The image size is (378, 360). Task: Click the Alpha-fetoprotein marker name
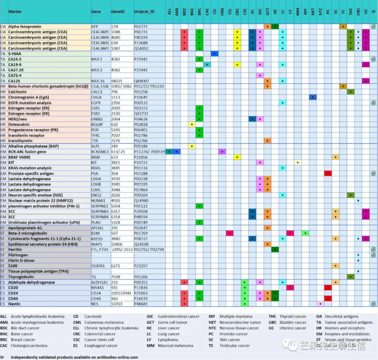tap(25, 27)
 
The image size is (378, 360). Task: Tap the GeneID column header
tap(117, 12)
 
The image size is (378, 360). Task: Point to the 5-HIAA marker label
tap(15, 54)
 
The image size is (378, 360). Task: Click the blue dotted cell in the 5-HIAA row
tap(214, 54)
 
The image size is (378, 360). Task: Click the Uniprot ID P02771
tap(141, 27)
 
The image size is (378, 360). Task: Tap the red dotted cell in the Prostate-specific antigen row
tap(328, 173)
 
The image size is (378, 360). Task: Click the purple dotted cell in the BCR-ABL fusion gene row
tap(222, 152)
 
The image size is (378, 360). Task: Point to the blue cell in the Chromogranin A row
tap(313, 97)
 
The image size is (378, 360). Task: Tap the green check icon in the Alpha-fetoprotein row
tap(373, 27)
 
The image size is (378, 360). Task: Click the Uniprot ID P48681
tap(141, 304)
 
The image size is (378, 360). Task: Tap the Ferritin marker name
tap(15, 250)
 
